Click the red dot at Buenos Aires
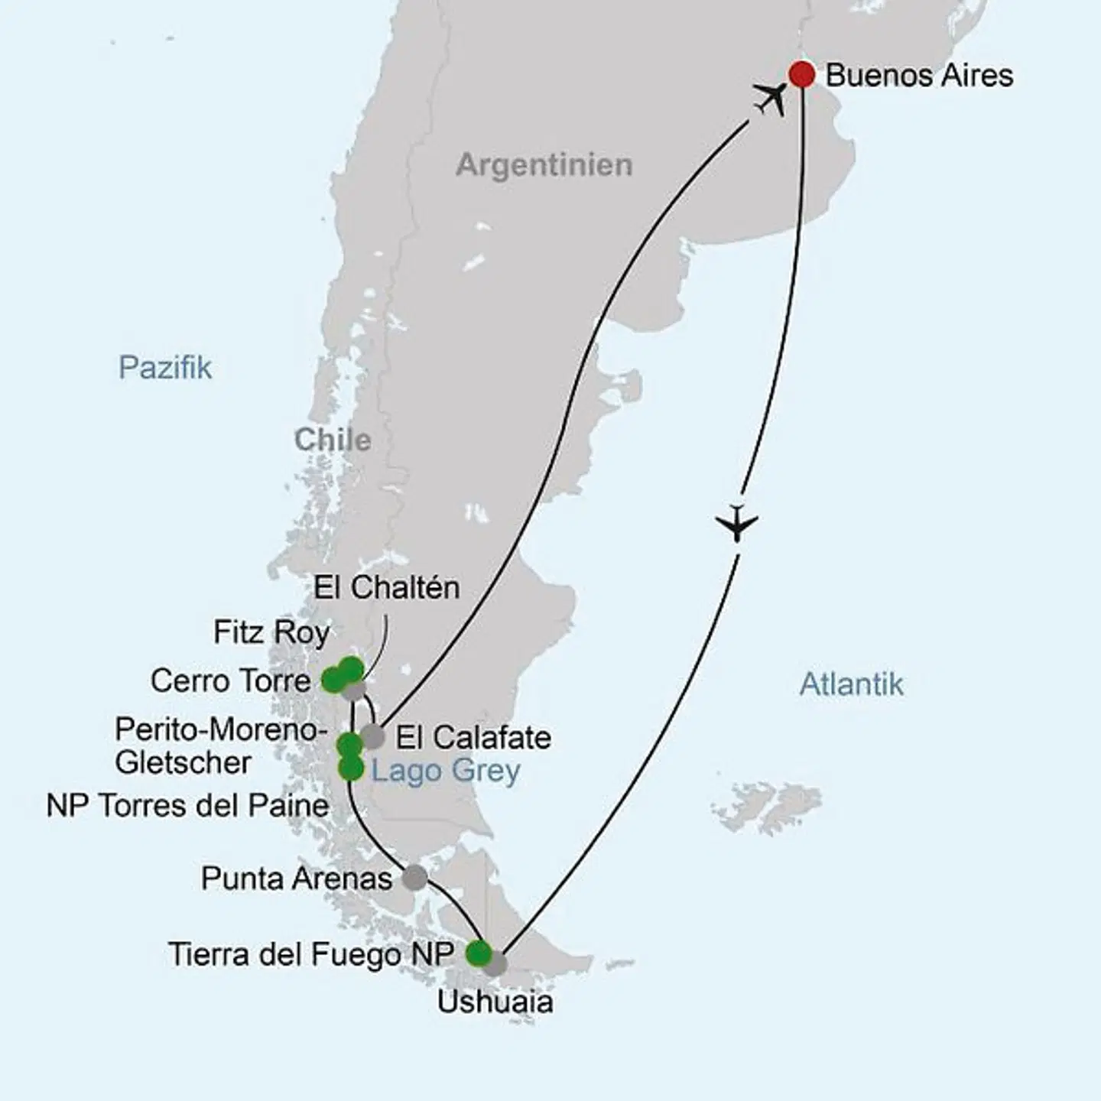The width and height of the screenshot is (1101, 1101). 802,74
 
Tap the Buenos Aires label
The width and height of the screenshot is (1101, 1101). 919,76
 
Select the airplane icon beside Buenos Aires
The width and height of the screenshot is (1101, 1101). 770,99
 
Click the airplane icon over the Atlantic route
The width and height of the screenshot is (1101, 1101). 737,524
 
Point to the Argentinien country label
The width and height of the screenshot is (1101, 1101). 544,165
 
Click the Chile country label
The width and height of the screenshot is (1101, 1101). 333,440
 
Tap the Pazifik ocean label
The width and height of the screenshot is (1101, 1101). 165,368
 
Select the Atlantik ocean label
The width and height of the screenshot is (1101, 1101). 851,684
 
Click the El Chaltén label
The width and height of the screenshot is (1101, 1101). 387,588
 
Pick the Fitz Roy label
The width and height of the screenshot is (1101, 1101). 271,632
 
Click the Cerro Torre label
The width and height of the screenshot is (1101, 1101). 230,680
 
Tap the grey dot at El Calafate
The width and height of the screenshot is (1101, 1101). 372,736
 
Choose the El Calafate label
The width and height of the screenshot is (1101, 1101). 473,738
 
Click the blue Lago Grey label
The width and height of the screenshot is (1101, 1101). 445,771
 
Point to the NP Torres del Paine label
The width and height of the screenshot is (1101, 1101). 187,805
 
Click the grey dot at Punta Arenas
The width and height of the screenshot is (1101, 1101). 414,877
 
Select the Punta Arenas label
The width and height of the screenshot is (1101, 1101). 296,879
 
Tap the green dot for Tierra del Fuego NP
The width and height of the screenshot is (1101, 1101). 479,953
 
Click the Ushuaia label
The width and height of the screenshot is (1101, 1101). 495,1002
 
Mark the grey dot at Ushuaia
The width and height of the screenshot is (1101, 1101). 496,963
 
